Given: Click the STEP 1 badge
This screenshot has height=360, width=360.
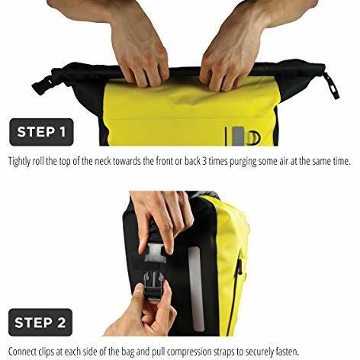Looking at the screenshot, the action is point(41,132).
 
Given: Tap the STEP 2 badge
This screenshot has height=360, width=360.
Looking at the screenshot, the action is point(40,323).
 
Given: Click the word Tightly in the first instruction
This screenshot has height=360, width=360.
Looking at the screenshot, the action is point(20,162).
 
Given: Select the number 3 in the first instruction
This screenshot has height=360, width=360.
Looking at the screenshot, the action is point(204,161).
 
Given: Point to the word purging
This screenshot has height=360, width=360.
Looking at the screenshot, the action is point(243,162).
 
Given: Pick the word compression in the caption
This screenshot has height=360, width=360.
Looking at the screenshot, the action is point(189,352).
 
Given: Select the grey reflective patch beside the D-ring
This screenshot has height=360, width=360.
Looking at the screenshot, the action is point(239,137).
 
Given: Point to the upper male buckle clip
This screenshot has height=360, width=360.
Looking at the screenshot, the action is point(155,253).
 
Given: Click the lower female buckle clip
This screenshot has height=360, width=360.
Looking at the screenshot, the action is point(153,285).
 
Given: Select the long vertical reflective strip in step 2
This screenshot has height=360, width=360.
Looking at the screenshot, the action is point(196,289).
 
